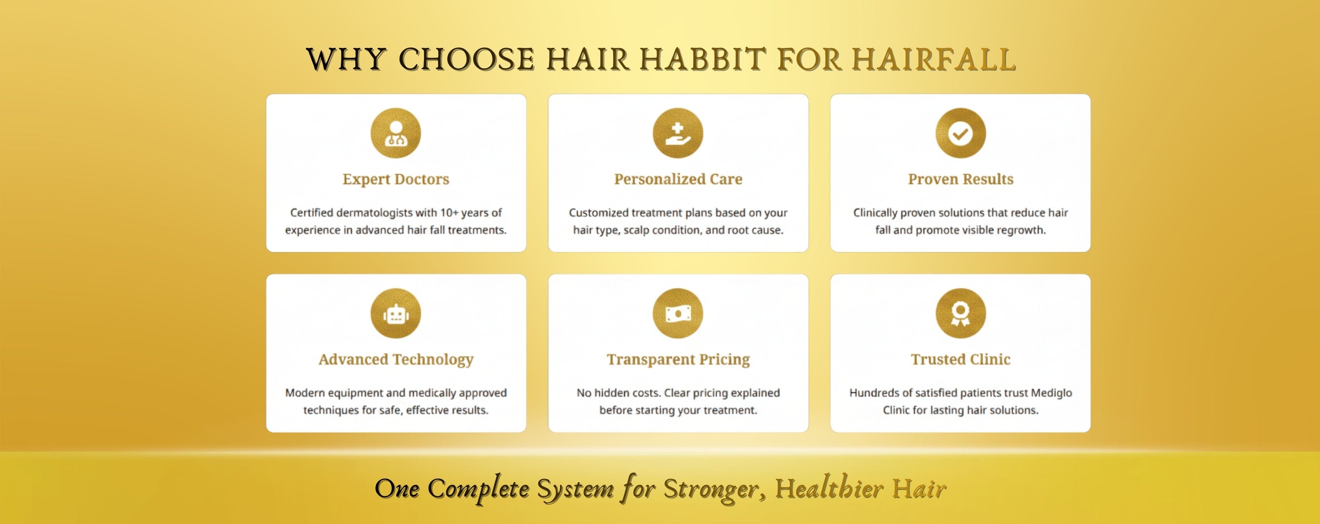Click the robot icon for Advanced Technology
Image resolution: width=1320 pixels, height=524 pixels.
396,313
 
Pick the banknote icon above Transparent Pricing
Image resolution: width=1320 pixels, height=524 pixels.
678,313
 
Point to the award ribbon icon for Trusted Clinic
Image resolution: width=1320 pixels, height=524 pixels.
961,313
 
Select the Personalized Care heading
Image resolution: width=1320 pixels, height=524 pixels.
678,179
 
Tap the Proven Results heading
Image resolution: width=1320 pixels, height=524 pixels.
961,179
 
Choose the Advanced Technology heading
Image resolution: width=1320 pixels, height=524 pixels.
396,360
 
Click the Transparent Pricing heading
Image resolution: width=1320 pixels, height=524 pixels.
678,360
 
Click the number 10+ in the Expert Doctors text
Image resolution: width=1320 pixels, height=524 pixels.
449,212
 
